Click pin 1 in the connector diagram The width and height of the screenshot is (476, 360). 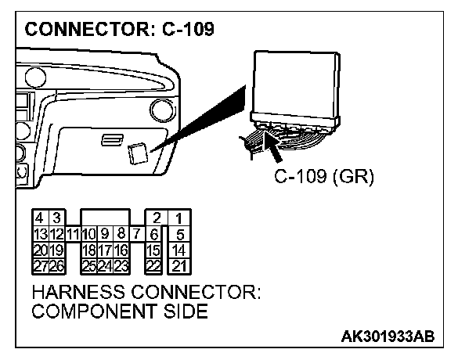pos(179,218)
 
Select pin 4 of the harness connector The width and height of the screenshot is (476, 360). pos(38,218)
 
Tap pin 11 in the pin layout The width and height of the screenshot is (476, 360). pos(72,232)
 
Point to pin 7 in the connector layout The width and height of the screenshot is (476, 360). pos(135,232)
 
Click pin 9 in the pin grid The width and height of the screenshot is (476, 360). pos(107,232)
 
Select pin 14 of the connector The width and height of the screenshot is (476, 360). pos(179,249)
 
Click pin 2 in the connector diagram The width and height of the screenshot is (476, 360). pos(157,218)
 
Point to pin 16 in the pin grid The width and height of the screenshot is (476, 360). pos(122,249)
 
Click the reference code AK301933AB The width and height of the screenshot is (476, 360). pos(388,336)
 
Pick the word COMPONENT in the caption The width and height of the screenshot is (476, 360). pos(85,311)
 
